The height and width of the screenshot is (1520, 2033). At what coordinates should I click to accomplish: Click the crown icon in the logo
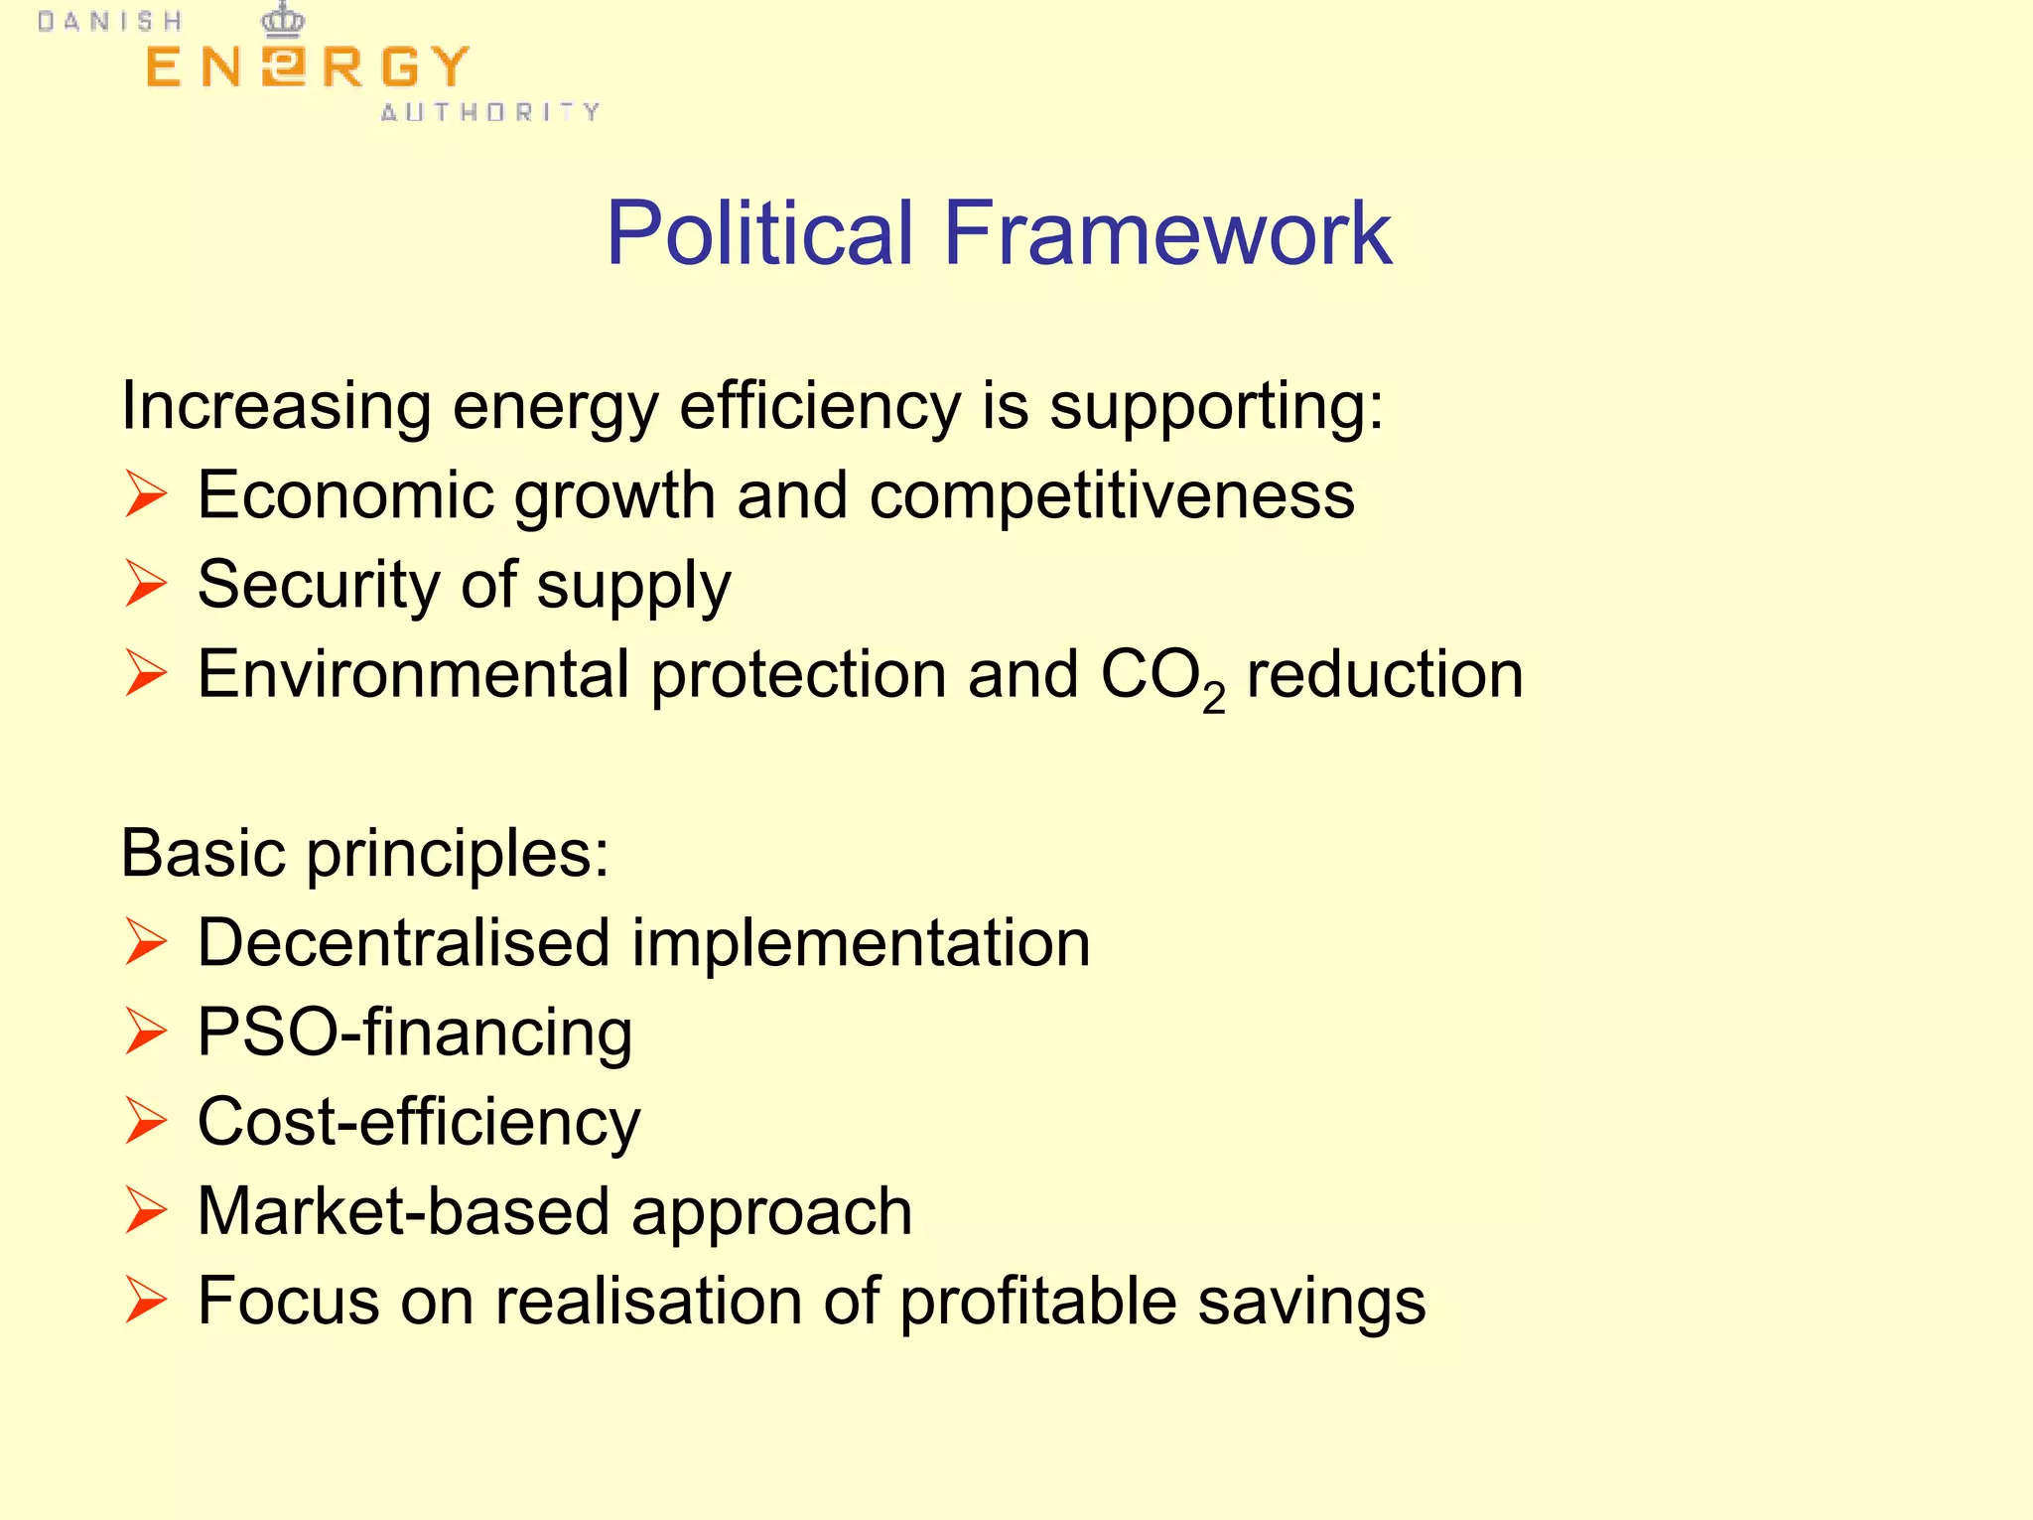pyautogui.click(x=283, y=20)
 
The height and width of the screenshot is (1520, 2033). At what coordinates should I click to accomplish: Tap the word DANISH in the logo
pyautogui.click(x=110, y=22)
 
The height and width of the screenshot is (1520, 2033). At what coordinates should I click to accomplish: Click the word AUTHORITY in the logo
pyautogui.click(x=490, y=112)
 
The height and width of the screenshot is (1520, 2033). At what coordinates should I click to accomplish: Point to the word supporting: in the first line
pyautogui.click(x=1216, y=407)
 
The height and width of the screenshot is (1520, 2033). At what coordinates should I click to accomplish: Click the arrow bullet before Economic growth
pyautogui.click(x=146, y=494)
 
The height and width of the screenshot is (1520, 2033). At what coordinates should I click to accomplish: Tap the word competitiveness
pyautogui.click(x=1112, y=494)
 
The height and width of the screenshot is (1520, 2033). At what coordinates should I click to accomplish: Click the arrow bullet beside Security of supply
pyautogui.click(x=146, y=584)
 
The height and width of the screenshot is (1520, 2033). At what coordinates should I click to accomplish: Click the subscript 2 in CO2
pyautogui.click(x=1213, y=698)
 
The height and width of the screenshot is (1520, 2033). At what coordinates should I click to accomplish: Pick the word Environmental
pyautogui.click(x=413, y=674)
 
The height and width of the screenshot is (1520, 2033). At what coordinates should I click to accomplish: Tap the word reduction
pyautogui.click(x=1385, y=674)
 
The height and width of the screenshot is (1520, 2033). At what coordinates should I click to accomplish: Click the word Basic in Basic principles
pyautogui.click(x=203, y=853)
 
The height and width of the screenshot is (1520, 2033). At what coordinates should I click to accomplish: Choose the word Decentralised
pyautogui.click(x=403, y=942)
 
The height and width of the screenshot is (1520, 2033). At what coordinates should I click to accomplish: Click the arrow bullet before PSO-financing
pyautogui.click(x=146, y=1032)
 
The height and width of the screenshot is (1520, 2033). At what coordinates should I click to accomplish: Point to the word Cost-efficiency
pyautogui.click(x=419, y=1123)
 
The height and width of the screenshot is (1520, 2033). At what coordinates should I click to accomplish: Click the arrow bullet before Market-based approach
pyautogui.click(x=146, y=1211)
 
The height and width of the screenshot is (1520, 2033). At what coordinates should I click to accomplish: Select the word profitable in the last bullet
pyautogui.click(x=1037, y=1302)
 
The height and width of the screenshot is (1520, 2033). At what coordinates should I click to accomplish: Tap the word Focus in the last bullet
pyautogui.click(x=288, y=1302)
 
